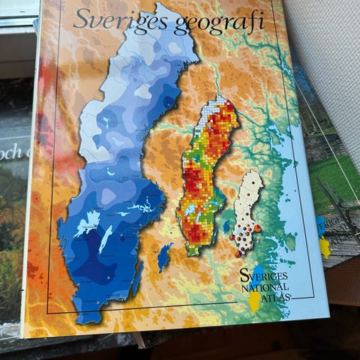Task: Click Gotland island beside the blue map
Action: tap(164, 257)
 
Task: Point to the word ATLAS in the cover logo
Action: tap(279, 295)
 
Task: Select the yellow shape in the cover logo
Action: tap(255, 300)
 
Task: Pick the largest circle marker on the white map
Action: tap(257, 227)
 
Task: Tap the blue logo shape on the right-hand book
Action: tap(320, 225)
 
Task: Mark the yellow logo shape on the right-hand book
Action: tap(325, 247)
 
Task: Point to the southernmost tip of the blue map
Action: tap(88, 318)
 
